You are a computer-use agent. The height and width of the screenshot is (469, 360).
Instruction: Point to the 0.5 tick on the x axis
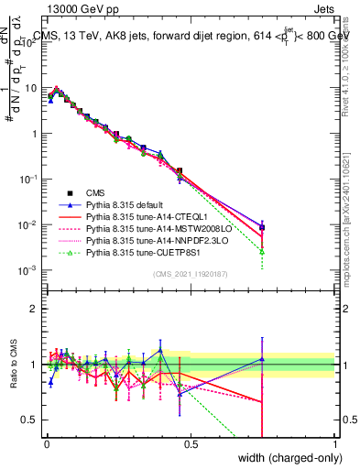pyautogui.click(x=191, y=442)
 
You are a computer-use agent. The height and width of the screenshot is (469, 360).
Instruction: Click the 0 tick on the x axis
pyautogui.click(x=46, y=442)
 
